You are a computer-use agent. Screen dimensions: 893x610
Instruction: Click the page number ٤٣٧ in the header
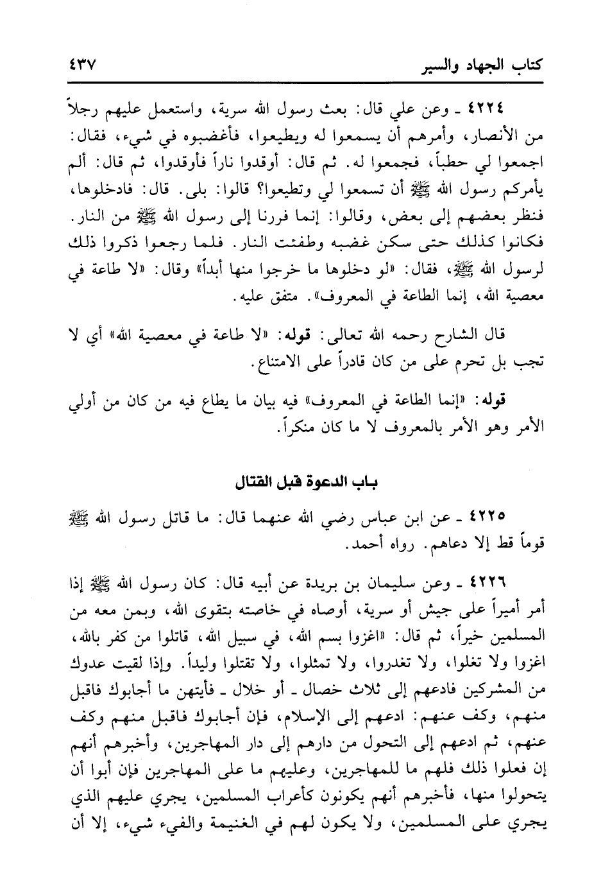[x=81, y=65]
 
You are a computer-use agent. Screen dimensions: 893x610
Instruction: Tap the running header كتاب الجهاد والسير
[x=482, y=64]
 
